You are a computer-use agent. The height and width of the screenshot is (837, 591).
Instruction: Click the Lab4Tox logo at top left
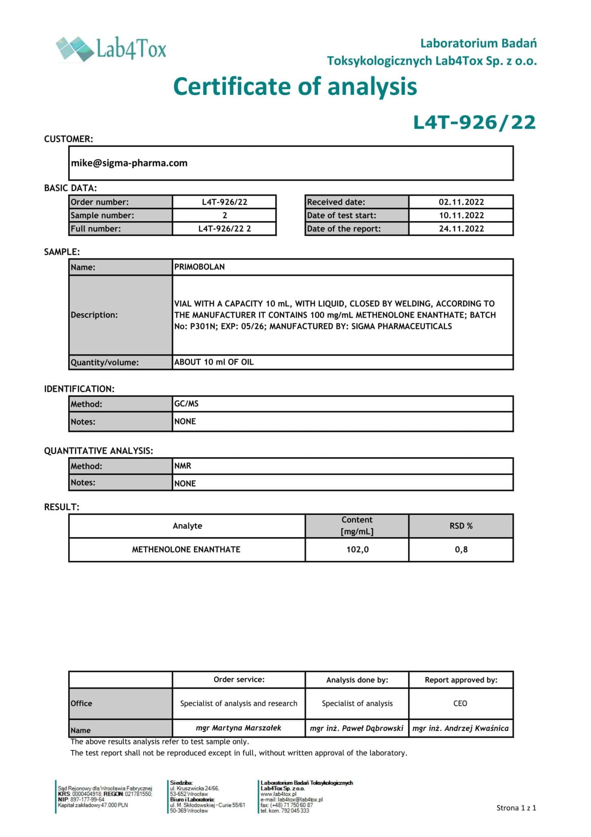(x=111, y=49)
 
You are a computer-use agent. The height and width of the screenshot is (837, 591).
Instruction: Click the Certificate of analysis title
(x=295, y=87)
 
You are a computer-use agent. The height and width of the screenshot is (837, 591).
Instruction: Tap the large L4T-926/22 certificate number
(x=474, y=123)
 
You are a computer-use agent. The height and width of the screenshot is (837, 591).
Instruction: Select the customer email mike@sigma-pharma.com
(x=129, y=163)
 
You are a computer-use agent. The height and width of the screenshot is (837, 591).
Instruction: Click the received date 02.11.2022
(x=461, y=202)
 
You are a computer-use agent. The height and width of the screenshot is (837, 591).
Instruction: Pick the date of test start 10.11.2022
(x=461, y=215)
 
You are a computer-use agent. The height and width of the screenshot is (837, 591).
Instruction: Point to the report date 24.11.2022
(x=461, y=228)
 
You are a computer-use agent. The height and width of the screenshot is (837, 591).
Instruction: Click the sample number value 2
(x=224, y=215)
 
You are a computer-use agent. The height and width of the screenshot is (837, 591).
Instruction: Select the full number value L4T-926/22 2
(x=224, y=228)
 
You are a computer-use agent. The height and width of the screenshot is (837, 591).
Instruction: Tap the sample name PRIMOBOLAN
(x=200, y=267)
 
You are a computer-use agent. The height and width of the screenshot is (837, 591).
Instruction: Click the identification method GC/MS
(x=187, y=404)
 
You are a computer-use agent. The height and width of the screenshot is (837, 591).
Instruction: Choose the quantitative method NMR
(x=183, y=466)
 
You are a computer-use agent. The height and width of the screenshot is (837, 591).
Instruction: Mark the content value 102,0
(x=357, y=550)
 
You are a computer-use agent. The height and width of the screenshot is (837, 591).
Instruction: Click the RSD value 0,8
(x=461, y=550)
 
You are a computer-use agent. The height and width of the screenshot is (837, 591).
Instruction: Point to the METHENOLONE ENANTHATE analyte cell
(x=186, y=550)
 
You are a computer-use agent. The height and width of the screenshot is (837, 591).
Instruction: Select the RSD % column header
(x=461, y=526)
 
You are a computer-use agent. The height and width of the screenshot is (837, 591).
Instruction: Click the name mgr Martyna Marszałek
(x=238, y=728)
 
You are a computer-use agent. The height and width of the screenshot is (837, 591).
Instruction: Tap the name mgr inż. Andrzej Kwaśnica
(x=460, y=728)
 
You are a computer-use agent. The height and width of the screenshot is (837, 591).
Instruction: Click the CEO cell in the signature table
(x=460, y=703)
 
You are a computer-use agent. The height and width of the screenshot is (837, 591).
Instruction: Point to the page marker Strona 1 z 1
(x=516, y=808)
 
